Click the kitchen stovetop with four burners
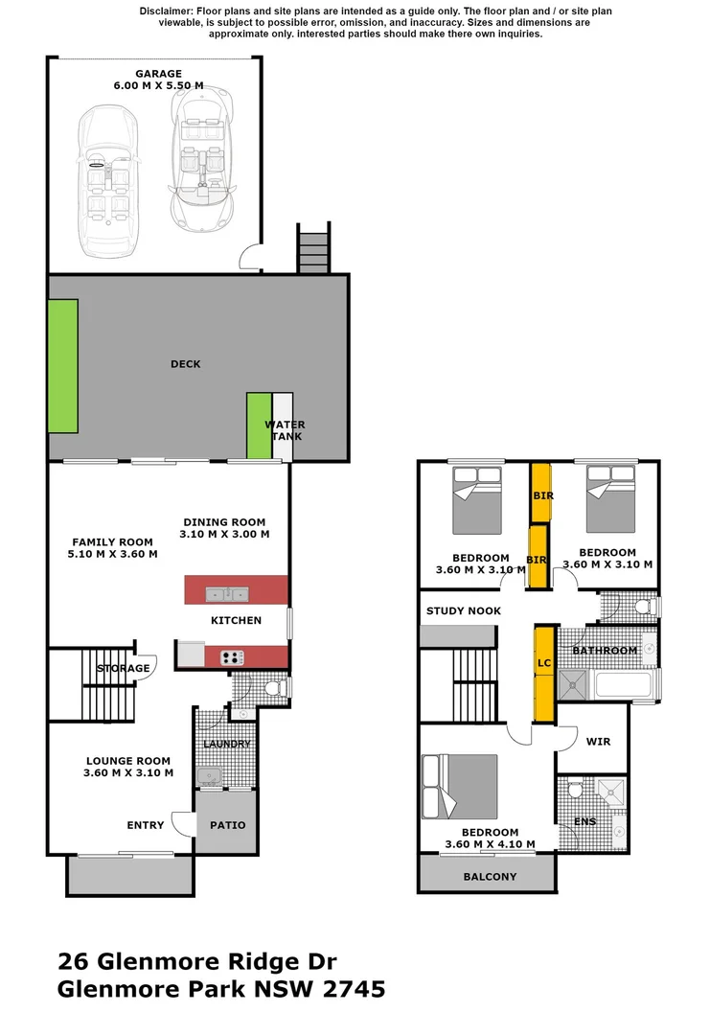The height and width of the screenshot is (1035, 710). (232, 657)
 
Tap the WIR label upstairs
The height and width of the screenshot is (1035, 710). (597, 742)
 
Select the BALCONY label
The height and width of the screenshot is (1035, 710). (490, 876)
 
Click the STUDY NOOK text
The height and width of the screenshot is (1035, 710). (464, 610)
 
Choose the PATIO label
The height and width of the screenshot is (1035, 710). (227, 825)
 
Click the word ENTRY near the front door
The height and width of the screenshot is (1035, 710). (146, 825)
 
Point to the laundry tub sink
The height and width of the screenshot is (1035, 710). (207, 775)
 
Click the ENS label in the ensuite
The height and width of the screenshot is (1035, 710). (584, 821)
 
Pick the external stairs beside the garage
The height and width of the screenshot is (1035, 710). (313, 249)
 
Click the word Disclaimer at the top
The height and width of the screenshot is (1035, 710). (166, 10)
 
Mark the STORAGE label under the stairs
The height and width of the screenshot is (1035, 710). (123, 668)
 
